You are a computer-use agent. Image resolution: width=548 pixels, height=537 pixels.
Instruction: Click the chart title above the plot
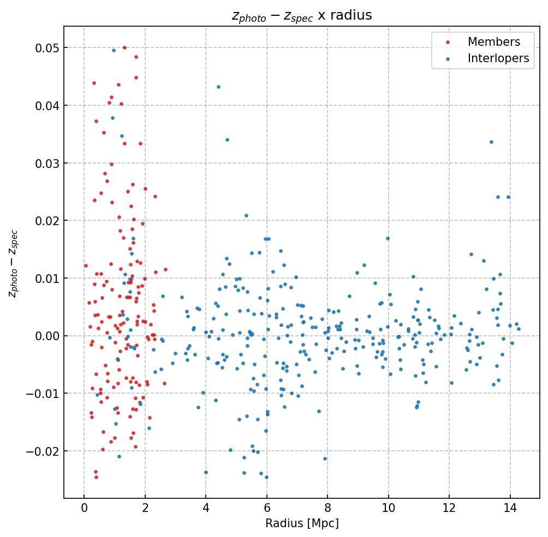pyautogui.click(x=302, y=15)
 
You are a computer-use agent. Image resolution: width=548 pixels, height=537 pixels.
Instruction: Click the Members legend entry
pyautogui.click(x=493, y=42)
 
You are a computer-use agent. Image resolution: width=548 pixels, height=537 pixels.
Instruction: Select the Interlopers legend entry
pyautogui.click(x=498, y=59)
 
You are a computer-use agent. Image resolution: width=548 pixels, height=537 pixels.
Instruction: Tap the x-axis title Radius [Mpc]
pyautogui.click(x=302, y=523)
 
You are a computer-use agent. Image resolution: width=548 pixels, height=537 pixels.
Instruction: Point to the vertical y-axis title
pyautogui.click(x=13, y=264)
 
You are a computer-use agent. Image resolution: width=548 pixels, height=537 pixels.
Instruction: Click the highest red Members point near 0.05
pyautogui.click(x=124, y=48)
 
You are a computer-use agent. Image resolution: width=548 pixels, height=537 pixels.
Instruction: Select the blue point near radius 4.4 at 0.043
pyautogui.click(x=218, y=87)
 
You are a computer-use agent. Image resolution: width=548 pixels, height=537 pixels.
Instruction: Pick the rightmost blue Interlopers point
pyautogui.click(x=519, y=329)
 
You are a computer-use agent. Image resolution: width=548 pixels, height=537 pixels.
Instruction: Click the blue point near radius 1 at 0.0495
pyautogui.click(x=114, y=51)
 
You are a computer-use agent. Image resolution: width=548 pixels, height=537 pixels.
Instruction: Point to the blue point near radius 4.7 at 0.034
pyautogui.click(x=227, y=140)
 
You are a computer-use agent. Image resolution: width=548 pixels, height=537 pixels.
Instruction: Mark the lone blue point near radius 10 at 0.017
pyautogui.click(x=388, y=238)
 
